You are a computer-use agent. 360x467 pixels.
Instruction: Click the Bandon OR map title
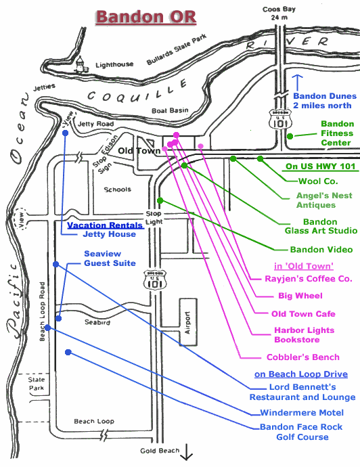tap(146, 17)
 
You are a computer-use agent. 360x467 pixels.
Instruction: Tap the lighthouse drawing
tap(81, 64)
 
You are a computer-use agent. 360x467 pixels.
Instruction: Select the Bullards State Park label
tap(177, 49)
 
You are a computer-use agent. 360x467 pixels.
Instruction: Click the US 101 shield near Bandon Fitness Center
tap(281, 119)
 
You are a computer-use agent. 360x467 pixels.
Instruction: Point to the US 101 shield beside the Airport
tap(155, 280)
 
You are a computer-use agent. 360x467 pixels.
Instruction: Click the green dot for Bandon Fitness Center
tap(290, 137)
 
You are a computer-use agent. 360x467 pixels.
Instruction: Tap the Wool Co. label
tap(318, 181)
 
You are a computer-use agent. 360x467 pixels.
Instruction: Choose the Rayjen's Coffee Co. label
tap(309, 279)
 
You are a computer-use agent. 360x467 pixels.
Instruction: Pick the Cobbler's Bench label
tap(303, 357)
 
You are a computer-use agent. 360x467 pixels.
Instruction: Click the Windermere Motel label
tap(302, 413)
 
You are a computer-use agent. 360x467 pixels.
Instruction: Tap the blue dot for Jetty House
tap(65, 133)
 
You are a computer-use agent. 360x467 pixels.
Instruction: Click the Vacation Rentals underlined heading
tap(105, 225)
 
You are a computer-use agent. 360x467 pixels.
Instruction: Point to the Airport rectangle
tap(188, 322)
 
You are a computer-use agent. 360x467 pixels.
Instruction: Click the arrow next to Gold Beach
tap(187, 452)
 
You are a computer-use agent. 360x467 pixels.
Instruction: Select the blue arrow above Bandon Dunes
tap(297, 83)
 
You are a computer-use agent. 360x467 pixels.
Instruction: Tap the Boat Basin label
tap(170, 110)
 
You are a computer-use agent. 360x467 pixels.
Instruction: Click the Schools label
tap(117, 190)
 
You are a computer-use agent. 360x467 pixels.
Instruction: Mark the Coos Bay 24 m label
tap(279, 14)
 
